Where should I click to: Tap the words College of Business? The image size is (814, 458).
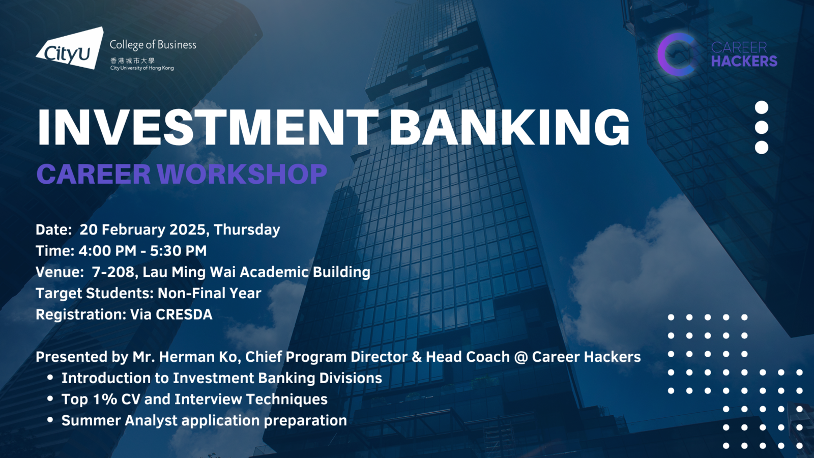point(153,45)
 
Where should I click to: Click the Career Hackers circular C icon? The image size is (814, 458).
point(677,54)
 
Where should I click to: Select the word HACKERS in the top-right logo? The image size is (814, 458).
point(744,61)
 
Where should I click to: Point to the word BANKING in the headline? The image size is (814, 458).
point(509,127)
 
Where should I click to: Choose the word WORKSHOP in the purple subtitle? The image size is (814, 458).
point(242,174)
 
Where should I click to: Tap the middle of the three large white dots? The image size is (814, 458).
point(761,128)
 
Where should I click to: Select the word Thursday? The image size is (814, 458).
point(247,230)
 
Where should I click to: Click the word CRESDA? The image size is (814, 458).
point(184,314)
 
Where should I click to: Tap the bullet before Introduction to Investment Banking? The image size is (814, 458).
point(50,378)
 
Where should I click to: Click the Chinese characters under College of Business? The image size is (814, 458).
point(132,61)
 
